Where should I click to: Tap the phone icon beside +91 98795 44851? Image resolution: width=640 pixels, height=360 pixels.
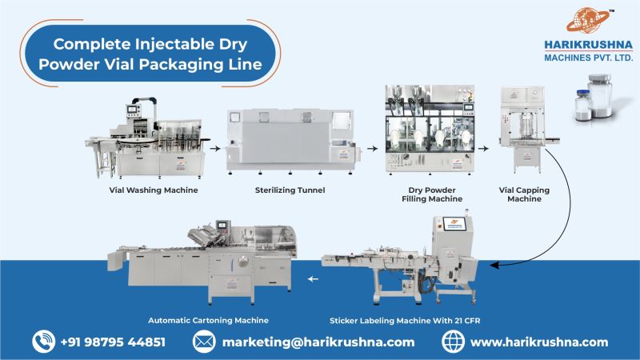tap(42, 342)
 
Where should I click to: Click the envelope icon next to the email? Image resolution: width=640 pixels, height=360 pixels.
tap(203, 342)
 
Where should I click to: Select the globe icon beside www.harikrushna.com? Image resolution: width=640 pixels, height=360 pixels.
tap(453, 342)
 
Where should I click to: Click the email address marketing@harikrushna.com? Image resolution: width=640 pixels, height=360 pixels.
tap(318, 342)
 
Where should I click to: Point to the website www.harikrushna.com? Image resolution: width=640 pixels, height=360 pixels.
tap(539, 342)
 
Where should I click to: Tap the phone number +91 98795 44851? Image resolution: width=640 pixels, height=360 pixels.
tap(113, 342)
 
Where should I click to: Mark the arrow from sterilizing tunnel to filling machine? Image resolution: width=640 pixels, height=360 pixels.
tap(373, 148)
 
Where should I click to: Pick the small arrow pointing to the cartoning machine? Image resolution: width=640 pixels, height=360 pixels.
tap(312, 279)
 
